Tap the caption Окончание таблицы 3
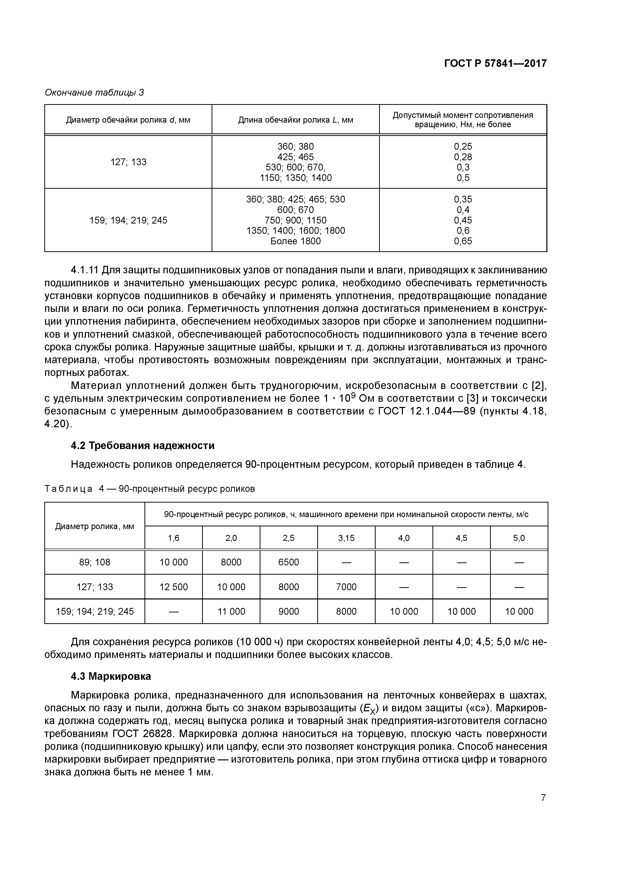[94, 93]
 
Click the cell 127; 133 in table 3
[128, 162]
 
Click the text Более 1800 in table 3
[295, 241]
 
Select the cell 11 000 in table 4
[231, 611]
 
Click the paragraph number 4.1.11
[85, 270]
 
